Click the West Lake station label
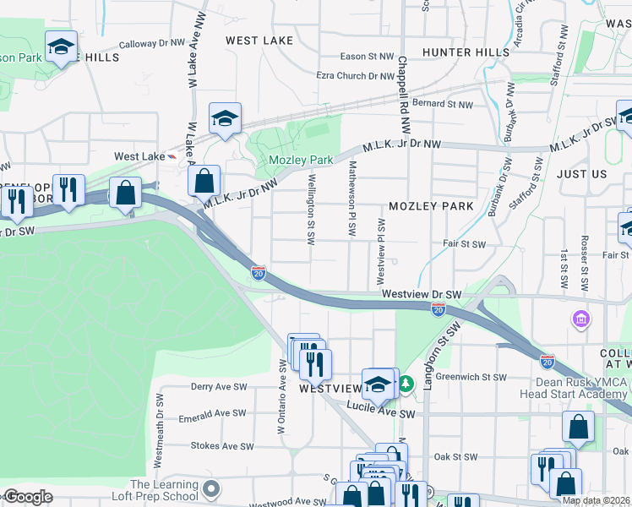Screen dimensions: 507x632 pyautogui.click(x=139, y=156)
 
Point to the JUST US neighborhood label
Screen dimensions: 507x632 pyautogui.click(x=581, y=173)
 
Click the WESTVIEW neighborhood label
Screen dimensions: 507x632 pyautogui.click(x=330, y=389)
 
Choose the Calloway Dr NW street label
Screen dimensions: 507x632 pyautogui.click(x=151, y=42)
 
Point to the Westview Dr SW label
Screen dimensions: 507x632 pyautogui.click(x=421, y=294)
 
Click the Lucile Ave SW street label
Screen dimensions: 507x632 pyautogui.click(x=382, y=414)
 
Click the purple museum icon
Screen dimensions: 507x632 pyautogui.click(x=581, y=319)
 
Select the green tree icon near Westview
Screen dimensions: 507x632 pyautogui.click(x=406, y=384)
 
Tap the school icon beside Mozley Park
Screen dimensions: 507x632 pyautogui.click(x=226, y=119)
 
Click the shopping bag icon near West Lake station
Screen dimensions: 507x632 pyautogui.click(x=204, y=180)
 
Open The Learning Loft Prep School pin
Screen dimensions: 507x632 pyautogui.click(x=212, y=488)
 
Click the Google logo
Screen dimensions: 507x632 pyautogui.click(x=27, y=497)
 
